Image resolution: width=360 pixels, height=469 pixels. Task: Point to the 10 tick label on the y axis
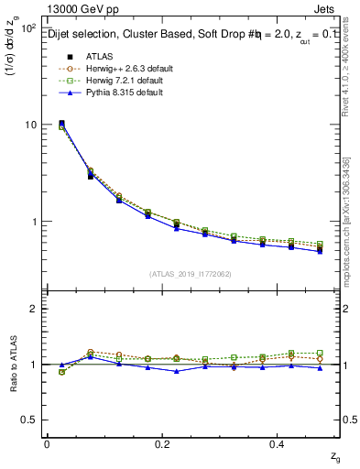tap(30, 125)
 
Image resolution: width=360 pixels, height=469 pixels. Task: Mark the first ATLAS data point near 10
tap(61, 124)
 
